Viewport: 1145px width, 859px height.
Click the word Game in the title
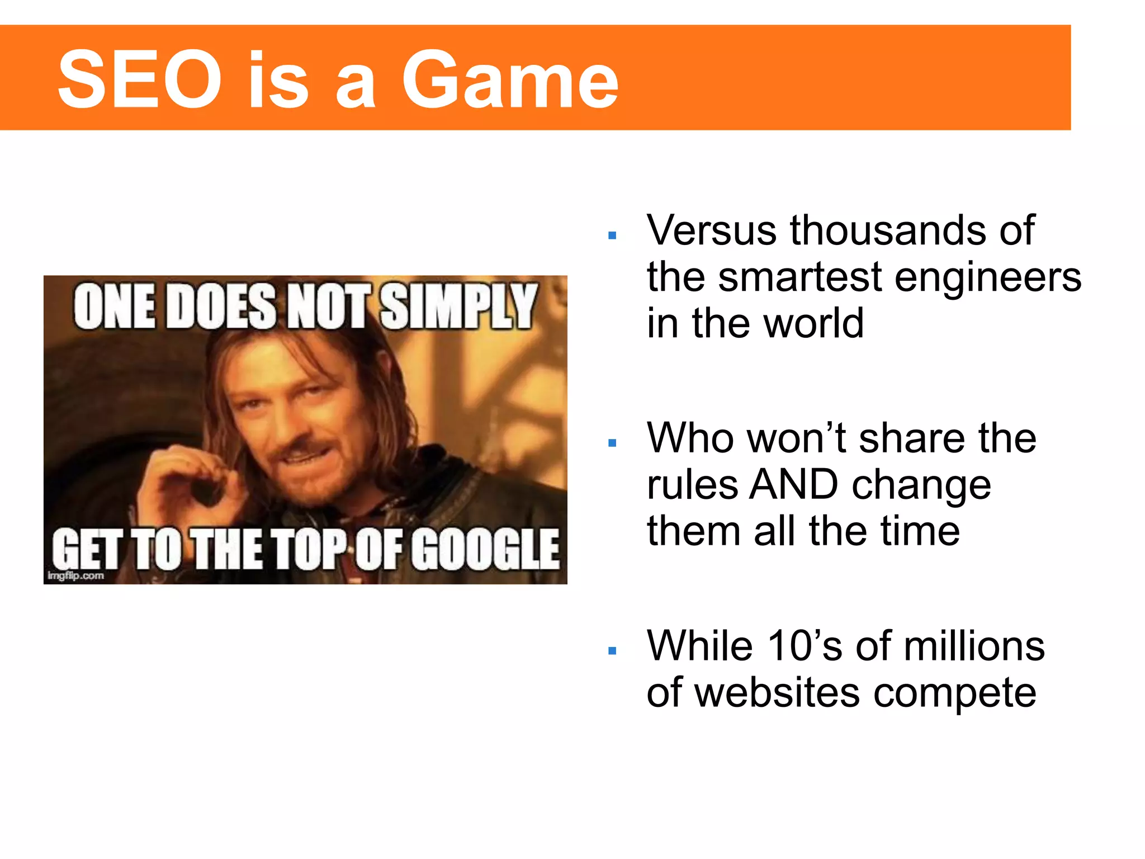click(510, 79)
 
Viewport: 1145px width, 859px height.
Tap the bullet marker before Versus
click(612, 236)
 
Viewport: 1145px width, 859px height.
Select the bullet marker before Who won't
click(612, 443)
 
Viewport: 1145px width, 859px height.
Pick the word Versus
click(711, 230)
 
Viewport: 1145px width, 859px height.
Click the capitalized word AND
click(793, 485)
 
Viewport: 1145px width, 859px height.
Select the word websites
click(777, 693)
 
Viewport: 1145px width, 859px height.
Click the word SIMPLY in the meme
click(458, 306)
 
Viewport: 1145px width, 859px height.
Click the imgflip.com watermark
click(76, 576)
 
